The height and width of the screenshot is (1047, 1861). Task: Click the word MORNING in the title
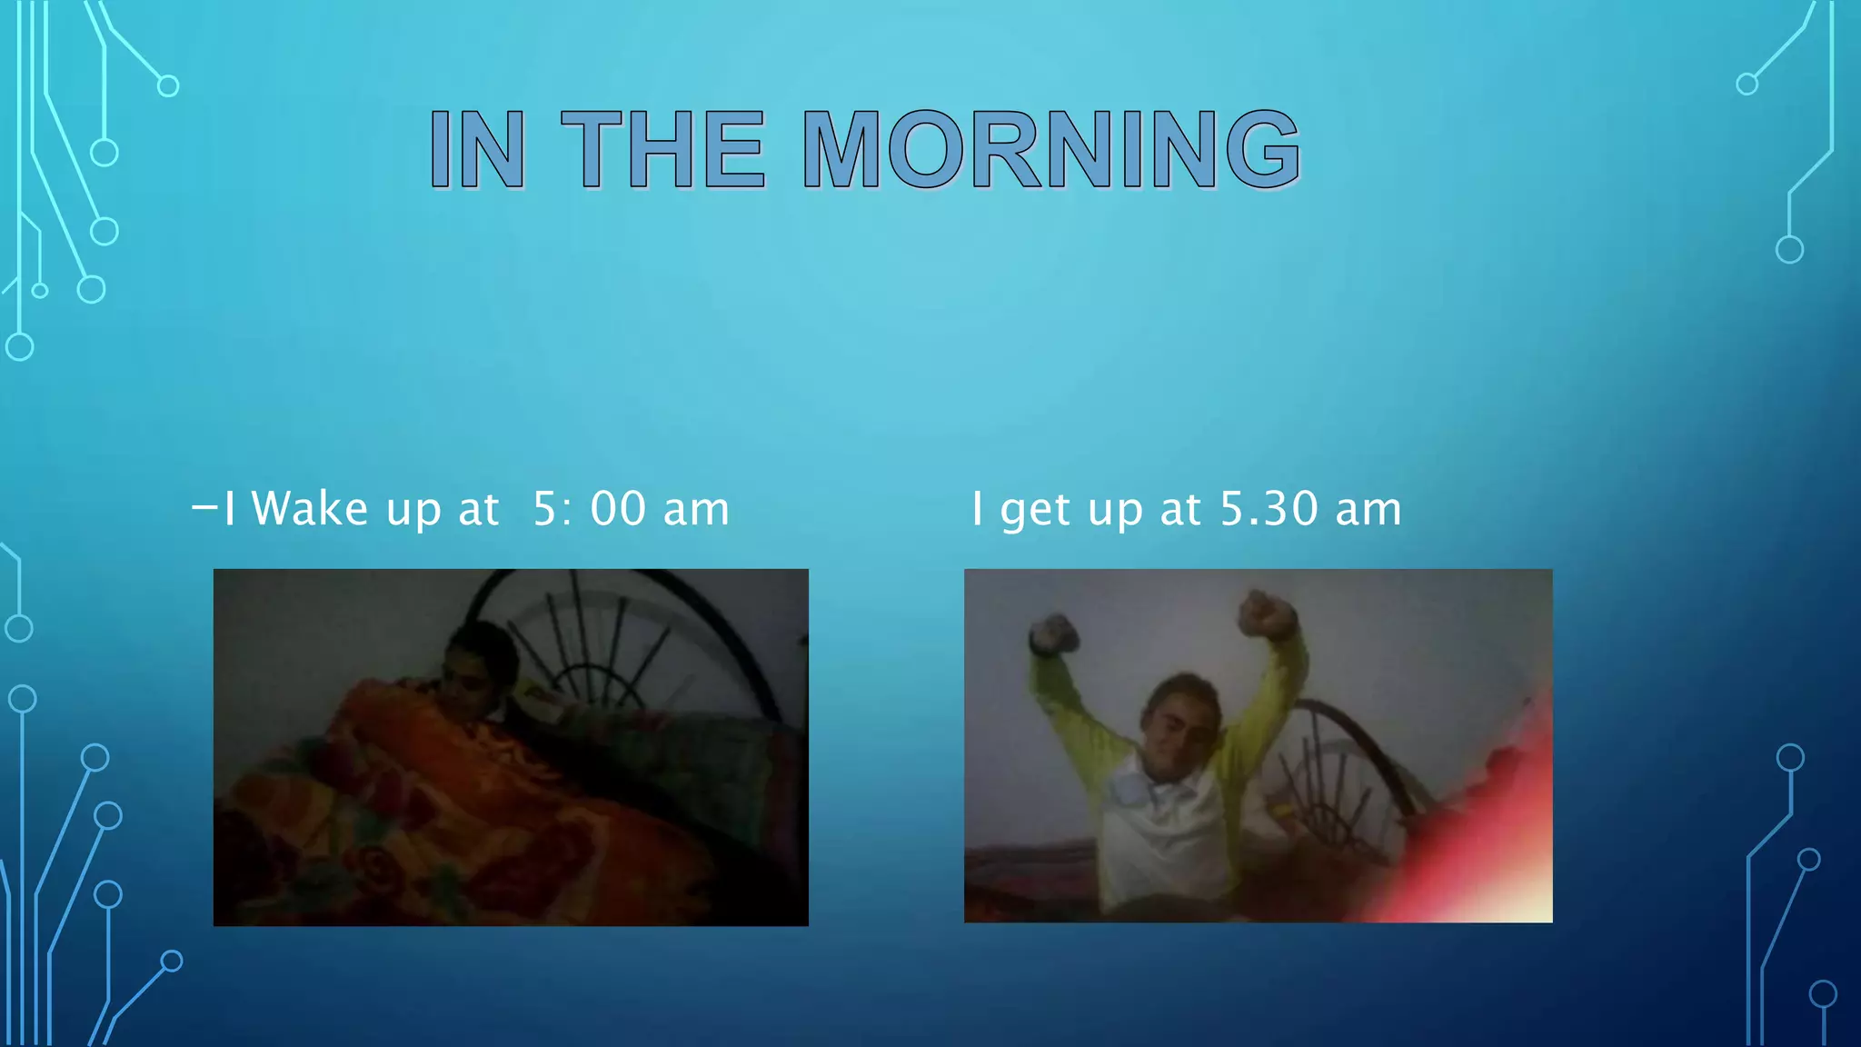[1051, 149]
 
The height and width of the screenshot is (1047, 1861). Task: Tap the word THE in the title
[663, 149]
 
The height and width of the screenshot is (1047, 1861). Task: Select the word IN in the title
[477, 149]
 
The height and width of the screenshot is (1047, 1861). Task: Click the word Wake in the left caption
[310, 508]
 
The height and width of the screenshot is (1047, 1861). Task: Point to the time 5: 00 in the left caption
[589, 508]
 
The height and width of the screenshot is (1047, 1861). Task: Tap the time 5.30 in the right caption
[1269, 508]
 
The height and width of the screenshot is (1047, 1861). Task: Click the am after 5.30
[1368, 510]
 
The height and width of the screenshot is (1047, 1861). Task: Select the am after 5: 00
[696, 510]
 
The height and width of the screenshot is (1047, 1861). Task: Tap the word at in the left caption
[478, 509]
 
